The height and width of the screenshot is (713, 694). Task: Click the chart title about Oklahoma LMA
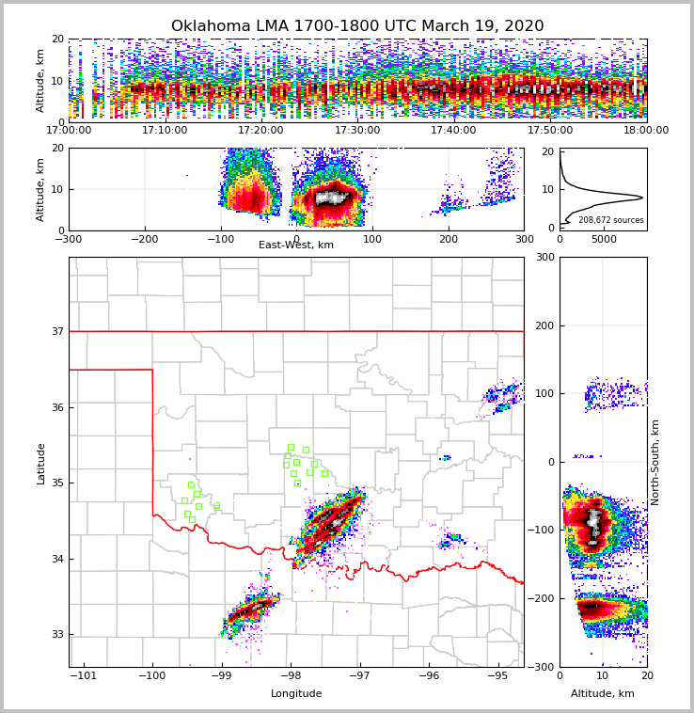357,26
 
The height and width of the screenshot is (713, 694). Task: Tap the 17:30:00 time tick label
357,131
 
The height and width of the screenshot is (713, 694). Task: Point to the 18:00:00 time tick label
646,131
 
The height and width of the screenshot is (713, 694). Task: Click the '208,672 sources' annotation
611,220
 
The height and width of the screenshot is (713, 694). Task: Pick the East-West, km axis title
296,246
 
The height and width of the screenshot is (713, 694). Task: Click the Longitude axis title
296,694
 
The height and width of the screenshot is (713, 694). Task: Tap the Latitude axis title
40,463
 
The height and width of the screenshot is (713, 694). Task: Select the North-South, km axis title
655,462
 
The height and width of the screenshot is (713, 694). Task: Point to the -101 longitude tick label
84,675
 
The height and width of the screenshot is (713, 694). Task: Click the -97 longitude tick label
360,675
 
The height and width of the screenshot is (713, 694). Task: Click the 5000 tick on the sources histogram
604,239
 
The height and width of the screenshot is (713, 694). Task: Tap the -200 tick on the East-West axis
144,240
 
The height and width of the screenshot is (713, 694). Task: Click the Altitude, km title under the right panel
603,694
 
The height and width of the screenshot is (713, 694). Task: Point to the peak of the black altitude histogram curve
642,198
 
